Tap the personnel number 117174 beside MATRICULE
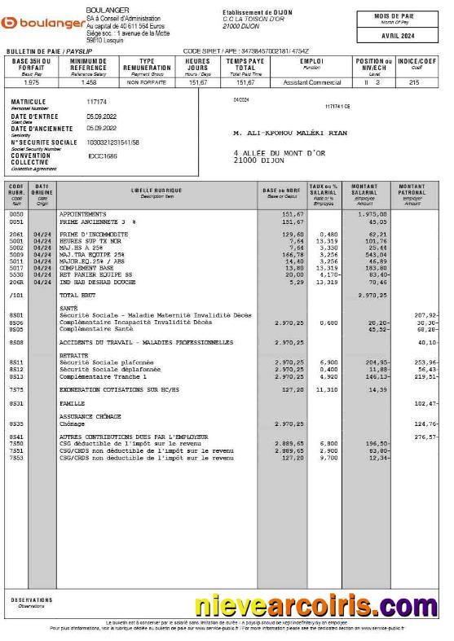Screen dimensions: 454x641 tap(96, 102)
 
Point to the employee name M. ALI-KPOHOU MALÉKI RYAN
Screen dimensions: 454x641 tap(290, 133)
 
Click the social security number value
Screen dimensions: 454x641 tap(112, 143)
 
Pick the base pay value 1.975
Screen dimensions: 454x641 tap(32, 82)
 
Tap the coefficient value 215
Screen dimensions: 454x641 tap(414, 82)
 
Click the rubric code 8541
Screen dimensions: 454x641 tap(15, 437)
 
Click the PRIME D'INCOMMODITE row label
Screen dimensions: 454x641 tap(93, 234)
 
